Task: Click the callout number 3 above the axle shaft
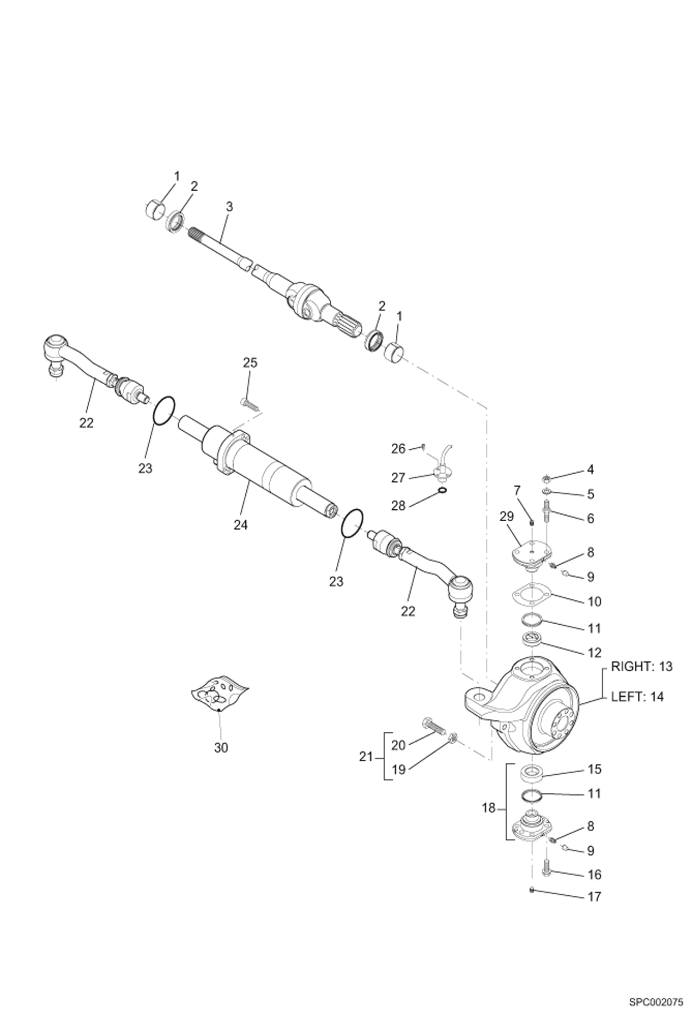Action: click(229, 207)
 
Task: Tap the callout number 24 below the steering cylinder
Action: click(240, 525)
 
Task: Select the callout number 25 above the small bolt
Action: click(250, 363)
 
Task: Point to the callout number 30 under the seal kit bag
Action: click(221, 748)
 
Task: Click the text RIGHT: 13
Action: click(642, 667)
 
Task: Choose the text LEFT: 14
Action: click(637, 697)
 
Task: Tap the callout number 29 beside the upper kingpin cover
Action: click(507, 516)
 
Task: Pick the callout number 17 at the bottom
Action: click(594, 897)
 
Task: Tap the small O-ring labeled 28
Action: click(442, 490)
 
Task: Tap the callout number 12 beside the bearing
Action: click(594, 653)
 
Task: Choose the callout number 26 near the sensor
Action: click(398, 448)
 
